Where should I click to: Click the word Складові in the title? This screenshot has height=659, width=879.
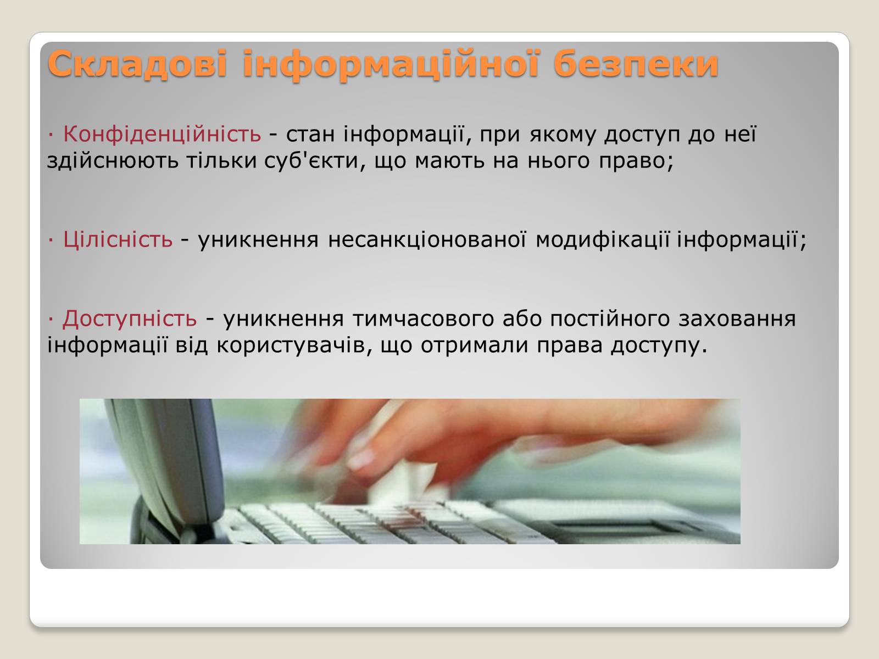(x=137, y=64)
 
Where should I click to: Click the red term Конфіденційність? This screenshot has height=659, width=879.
(x=162, y=133)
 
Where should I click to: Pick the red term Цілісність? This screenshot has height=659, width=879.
(x=118, y=239)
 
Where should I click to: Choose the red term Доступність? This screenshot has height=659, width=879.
(x=130, y=319)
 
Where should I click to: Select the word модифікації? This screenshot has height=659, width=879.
(x=603, y=239)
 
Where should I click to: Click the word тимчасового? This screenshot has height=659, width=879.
(x=423, y=320)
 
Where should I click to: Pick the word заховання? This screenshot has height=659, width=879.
(x=737, y=319)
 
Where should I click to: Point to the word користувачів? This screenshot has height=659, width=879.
(x=291, y=345)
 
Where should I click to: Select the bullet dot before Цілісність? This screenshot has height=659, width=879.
(x=51, y=239)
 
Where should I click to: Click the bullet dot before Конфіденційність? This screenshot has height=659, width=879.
(x=51, y=134)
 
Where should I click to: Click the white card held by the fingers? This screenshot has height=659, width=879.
(x=401, y=482)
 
